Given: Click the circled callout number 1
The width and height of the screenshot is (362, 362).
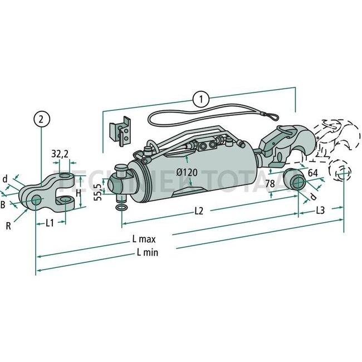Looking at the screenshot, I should [x=200, y=99].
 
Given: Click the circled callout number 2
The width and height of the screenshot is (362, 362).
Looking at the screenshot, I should [x=42, y=118].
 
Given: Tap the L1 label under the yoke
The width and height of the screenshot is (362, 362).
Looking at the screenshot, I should [x=50, y=223].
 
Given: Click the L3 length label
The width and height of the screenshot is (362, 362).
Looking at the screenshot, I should [x=321, y=210].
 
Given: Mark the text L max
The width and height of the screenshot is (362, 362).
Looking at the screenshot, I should [x=143, y=239].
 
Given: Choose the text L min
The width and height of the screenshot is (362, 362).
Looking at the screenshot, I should [x=146, y=252].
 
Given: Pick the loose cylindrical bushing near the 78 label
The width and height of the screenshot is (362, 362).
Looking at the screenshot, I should [x=293, y=182].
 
